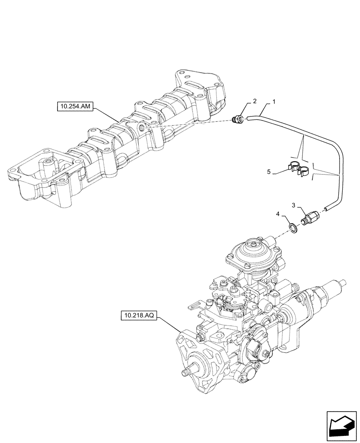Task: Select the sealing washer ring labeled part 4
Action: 293,228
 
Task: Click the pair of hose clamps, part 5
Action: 298,170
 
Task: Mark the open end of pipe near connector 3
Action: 327,207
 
